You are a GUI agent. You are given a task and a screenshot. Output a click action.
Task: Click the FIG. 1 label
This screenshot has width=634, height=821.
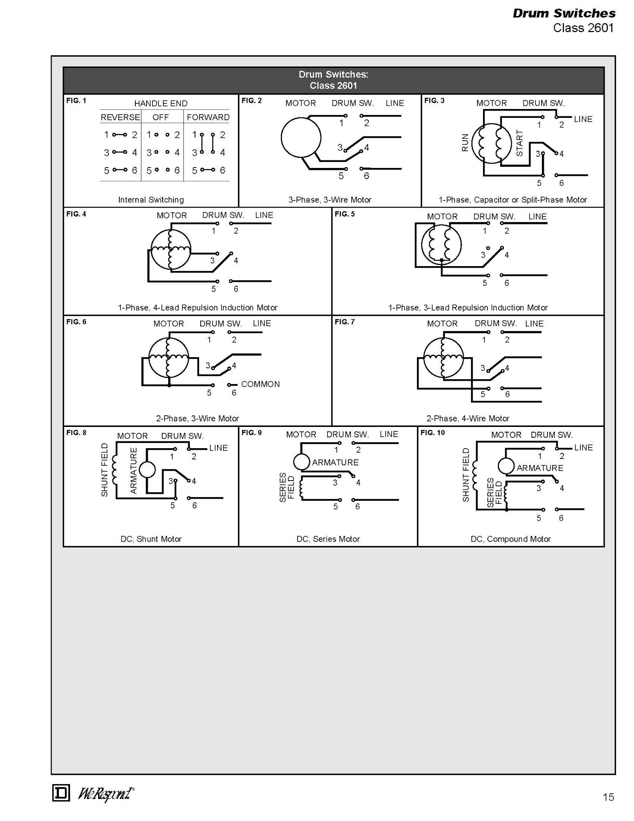76,101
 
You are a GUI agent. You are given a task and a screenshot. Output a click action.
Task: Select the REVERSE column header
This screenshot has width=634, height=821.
120,117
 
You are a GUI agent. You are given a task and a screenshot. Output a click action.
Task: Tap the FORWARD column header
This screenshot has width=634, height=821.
208,117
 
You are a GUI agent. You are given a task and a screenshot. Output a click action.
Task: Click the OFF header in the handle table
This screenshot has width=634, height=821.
161,117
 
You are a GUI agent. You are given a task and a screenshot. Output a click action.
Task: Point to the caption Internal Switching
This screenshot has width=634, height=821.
151,200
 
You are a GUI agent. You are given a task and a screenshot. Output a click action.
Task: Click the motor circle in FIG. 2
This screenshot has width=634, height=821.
301,137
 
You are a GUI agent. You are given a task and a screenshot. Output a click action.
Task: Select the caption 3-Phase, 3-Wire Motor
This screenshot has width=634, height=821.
330,200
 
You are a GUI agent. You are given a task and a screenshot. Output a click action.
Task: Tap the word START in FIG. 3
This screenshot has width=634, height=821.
519,143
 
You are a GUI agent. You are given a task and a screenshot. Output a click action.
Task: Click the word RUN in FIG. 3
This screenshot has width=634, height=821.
465,143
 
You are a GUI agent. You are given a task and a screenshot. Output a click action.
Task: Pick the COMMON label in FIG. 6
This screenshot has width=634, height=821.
260,384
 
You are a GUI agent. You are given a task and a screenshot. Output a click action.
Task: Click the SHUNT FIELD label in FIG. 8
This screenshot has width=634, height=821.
105,470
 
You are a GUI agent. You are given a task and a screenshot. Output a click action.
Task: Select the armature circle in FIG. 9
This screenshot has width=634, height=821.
301,462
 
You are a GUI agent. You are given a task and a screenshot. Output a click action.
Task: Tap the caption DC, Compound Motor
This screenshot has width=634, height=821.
511,539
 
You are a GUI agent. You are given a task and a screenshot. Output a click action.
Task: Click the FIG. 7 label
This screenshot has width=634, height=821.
345,322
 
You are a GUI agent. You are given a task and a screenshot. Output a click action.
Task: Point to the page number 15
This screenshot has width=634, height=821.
608,797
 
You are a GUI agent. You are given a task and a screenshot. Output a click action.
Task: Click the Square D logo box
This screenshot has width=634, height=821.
61,793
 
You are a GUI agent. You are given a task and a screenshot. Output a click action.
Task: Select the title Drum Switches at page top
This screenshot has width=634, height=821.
564,13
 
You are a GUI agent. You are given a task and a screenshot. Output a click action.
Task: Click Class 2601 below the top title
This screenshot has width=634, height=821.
583,28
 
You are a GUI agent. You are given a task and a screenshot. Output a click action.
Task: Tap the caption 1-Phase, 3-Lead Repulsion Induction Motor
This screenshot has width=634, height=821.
468,307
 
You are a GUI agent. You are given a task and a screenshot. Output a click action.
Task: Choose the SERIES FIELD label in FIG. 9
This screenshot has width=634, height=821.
287,487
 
